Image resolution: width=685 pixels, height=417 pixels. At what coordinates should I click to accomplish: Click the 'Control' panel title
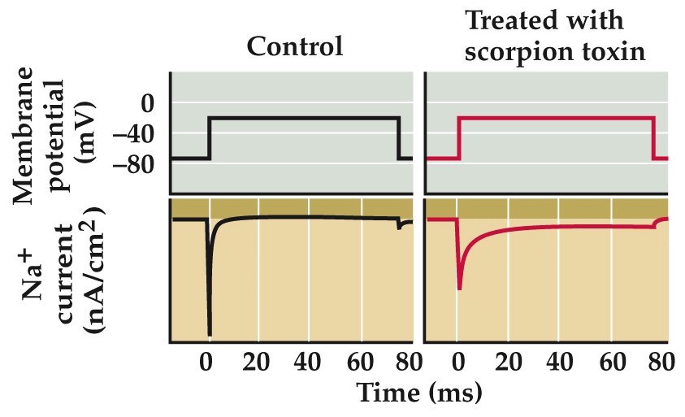(x=295, y=46)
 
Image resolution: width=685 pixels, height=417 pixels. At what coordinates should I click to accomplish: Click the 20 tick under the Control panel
(x=258, y=362)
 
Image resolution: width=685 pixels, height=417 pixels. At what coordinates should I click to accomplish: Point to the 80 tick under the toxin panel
(x=654, y=362)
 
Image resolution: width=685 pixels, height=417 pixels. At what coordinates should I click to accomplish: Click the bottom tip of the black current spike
(x=210, y=334)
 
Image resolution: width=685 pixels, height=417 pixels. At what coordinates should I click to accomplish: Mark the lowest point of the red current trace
(x=460, y=288)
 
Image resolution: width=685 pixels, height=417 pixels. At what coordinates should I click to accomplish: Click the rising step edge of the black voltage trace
(x=209, y=138)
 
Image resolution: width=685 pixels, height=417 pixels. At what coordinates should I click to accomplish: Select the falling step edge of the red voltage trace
(x=654, y=138)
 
